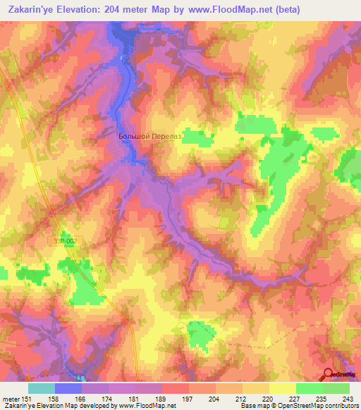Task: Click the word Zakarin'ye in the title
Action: point(32,10)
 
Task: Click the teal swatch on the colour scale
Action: point(41,388)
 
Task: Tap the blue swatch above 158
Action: point(68,388)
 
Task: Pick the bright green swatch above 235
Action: point(309,388)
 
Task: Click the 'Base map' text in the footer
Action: point(251,406)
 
